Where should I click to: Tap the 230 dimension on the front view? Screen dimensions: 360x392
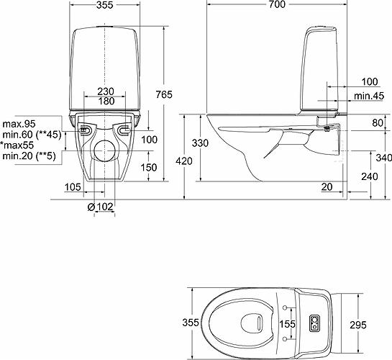point(106,91)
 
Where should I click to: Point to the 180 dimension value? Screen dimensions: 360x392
point(106,102)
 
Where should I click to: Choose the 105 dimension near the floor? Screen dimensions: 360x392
point(70,187)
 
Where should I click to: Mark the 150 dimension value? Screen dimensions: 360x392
point(149,167)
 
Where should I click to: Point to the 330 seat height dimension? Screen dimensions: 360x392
point(200,143)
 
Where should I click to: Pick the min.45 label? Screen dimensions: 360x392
point(368,96)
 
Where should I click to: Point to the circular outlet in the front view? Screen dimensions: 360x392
point(105,150)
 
